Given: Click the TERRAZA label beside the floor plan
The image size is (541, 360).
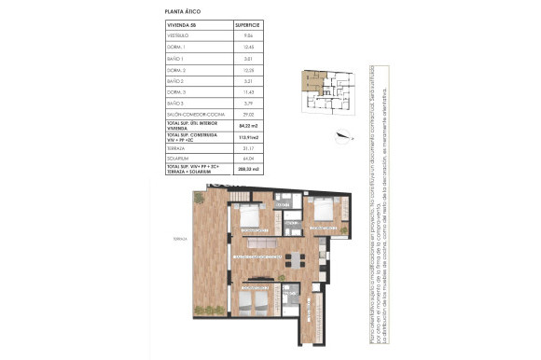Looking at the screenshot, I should click(180, 240).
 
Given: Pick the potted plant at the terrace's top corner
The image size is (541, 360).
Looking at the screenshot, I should click(198, 198).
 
